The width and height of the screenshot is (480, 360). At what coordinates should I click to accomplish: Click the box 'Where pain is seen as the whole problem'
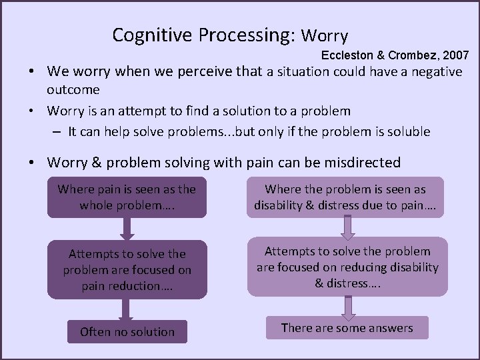click(127, 197)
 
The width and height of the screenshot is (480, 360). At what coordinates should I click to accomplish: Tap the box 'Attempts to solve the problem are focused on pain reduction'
click(127, 270)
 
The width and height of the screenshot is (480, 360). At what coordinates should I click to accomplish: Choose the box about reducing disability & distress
click(347, 267)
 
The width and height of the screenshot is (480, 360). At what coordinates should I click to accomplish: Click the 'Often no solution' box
click(127, 331)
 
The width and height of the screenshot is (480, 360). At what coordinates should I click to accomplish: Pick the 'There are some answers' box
click(347, 327)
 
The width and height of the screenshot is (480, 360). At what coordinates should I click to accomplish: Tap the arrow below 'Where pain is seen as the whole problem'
click(127, 228)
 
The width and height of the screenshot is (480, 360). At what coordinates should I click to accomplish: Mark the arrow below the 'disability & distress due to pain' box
click(347, 227)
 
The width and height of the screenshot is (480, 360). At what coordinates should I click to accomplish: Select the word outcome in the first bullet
click(73, 89)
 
